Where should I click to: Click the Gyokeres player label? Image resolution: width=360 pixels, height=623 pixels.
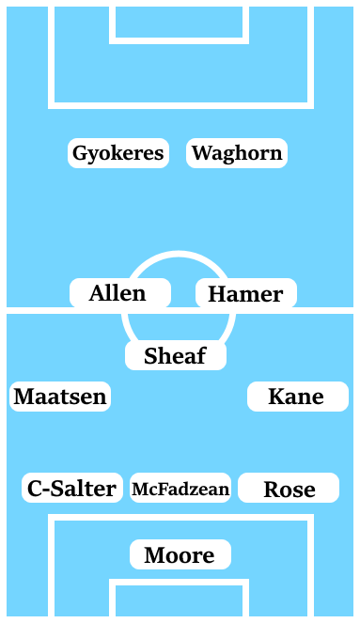(118, 153)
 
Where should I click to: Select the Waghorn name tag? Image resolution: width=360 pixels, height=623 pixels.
(237, 153)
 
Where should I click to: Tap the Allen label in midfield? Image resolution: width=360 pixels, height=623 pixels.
(119, 293)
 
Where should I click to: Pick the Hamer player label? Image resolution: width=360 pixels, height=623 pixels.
(245, 294)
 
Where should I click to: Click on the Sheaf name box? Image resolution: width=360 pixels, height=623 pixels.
(176, 355)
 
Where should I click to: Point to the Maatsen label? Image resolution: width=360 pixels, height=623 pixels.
(60, 397)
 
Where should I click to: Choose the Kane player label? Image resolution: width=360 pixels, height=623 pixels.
(297, 397)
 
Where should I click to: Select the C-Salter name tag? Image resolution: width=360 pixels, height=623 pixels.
(72, 488)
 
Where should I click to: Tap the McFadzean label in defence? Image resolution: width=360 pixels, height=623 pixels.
(180, 489)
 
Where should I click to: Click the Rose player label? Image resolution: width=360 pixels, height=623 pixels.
(289, 489)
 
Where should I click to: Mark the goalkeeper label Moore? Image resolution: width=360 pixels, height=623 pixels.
(180, 555)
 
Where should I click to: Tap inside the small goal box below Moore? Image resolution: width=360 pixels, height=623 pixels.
(180, 601)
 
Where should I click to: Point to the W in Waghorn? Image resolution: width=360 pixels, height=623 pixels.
(202, 153)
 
